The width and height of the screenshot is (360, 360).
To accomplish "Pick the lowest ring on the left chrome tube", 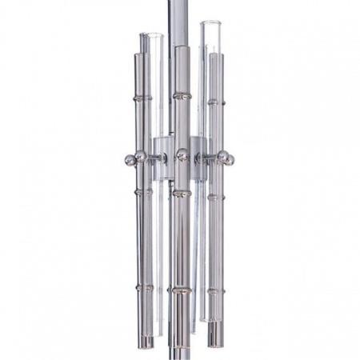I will click(144, 286).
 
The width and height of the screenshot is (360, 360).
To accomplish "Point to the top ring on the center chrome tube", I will click(182, 97).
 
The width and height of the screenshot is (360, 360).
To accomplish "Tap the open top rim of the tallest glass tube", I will click(211, 26).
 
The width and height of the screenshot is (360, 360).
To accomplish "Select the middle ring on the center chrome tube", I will click(182, 192).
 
